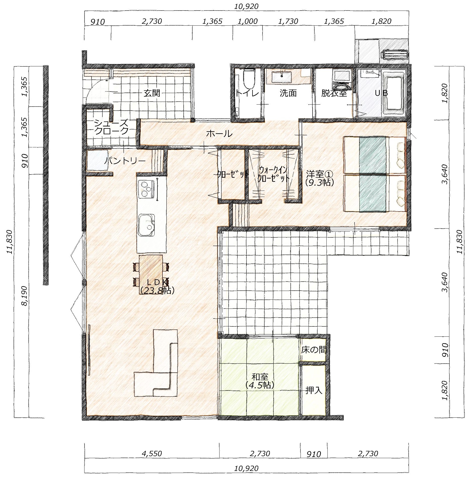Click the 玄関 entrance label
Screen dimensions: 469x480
pyautogui.click(x=152, y=93)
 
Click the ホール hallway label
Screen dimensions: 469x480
pyautogui.click(x=219, y=134)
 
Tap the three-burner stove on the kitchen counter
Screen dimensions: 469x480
pyautogui.click(x=146, y=188)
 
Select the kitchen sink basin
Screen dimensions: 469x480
pyautogui.click(x=147, y=225)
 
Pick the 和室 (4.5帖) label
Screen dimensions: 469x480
pyautogui.click(x=260, y=381)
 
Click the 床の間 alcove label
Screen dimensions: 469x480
pyautogui.click(x=314, y=350)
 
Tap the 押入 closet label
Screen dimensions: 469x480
pyautogui.click(x=314, y=390)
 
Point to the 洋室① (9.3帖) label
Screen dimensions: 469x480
pyautogui.click(x=319, y=178)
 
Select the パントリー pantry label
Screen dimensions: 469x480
pyautogui.click(x=125, y=160)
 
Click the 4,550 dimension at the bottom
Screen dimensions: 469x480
pyautogui.click(x=152, y=453)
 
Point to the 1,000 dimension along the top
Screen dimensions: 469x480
pyautogui.click(x=248, y=21)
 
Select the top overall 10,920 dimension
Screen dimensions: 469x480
pyautogui.click(x=246, y=6)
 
